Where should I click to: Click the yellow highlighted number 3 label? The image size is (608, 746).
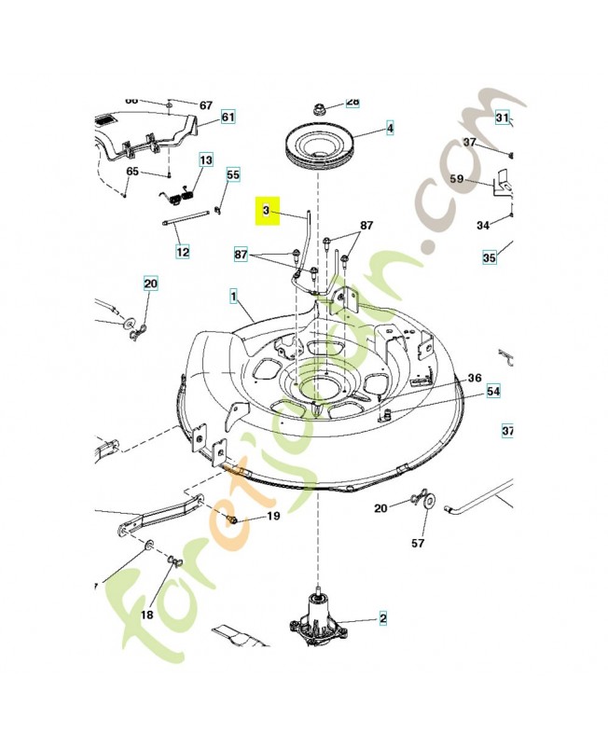pos(266,212)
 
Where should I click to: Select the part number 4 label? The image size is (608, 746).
pos(390,129)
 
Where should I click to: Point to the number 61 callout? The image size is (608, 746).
pos(228,117)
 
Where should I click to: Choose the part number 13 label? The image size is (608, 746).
pos(205,160)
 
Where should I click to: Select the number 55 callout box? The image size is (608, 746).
pos(233,174)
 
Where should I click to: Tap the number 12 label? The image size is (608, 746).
pos(182,252)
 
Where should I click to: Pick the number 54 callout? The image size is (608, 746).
pos(493,392)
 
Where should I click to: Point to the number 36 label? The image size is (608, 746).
pos(475,378)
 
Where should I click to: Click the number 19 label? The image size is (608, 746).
pos(273,516)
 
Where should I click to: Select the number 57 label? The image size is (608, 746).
pos(418,542)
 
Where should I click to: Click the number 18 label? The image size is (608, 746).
pos(146,615)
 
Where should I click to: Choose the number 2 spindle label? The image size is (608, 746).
pos(381,617)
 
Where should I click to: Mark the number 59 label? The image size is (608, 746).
pos(457,178)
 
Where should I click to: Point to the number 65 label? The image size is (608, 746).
pos(132,172)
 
